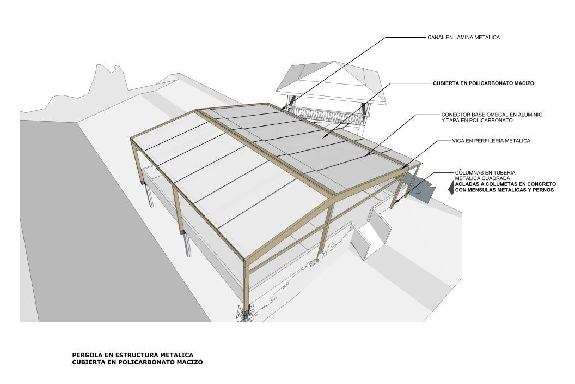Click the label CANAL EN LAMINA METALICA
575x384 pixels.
coord(463,38)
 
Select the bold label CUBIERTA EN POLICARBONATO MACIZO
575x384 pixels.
coord(484,83)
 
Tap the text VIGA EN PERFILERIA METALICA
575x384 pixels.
coord(491,141)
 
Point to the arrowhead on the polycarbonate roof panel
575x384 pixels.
coord(325,136)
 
